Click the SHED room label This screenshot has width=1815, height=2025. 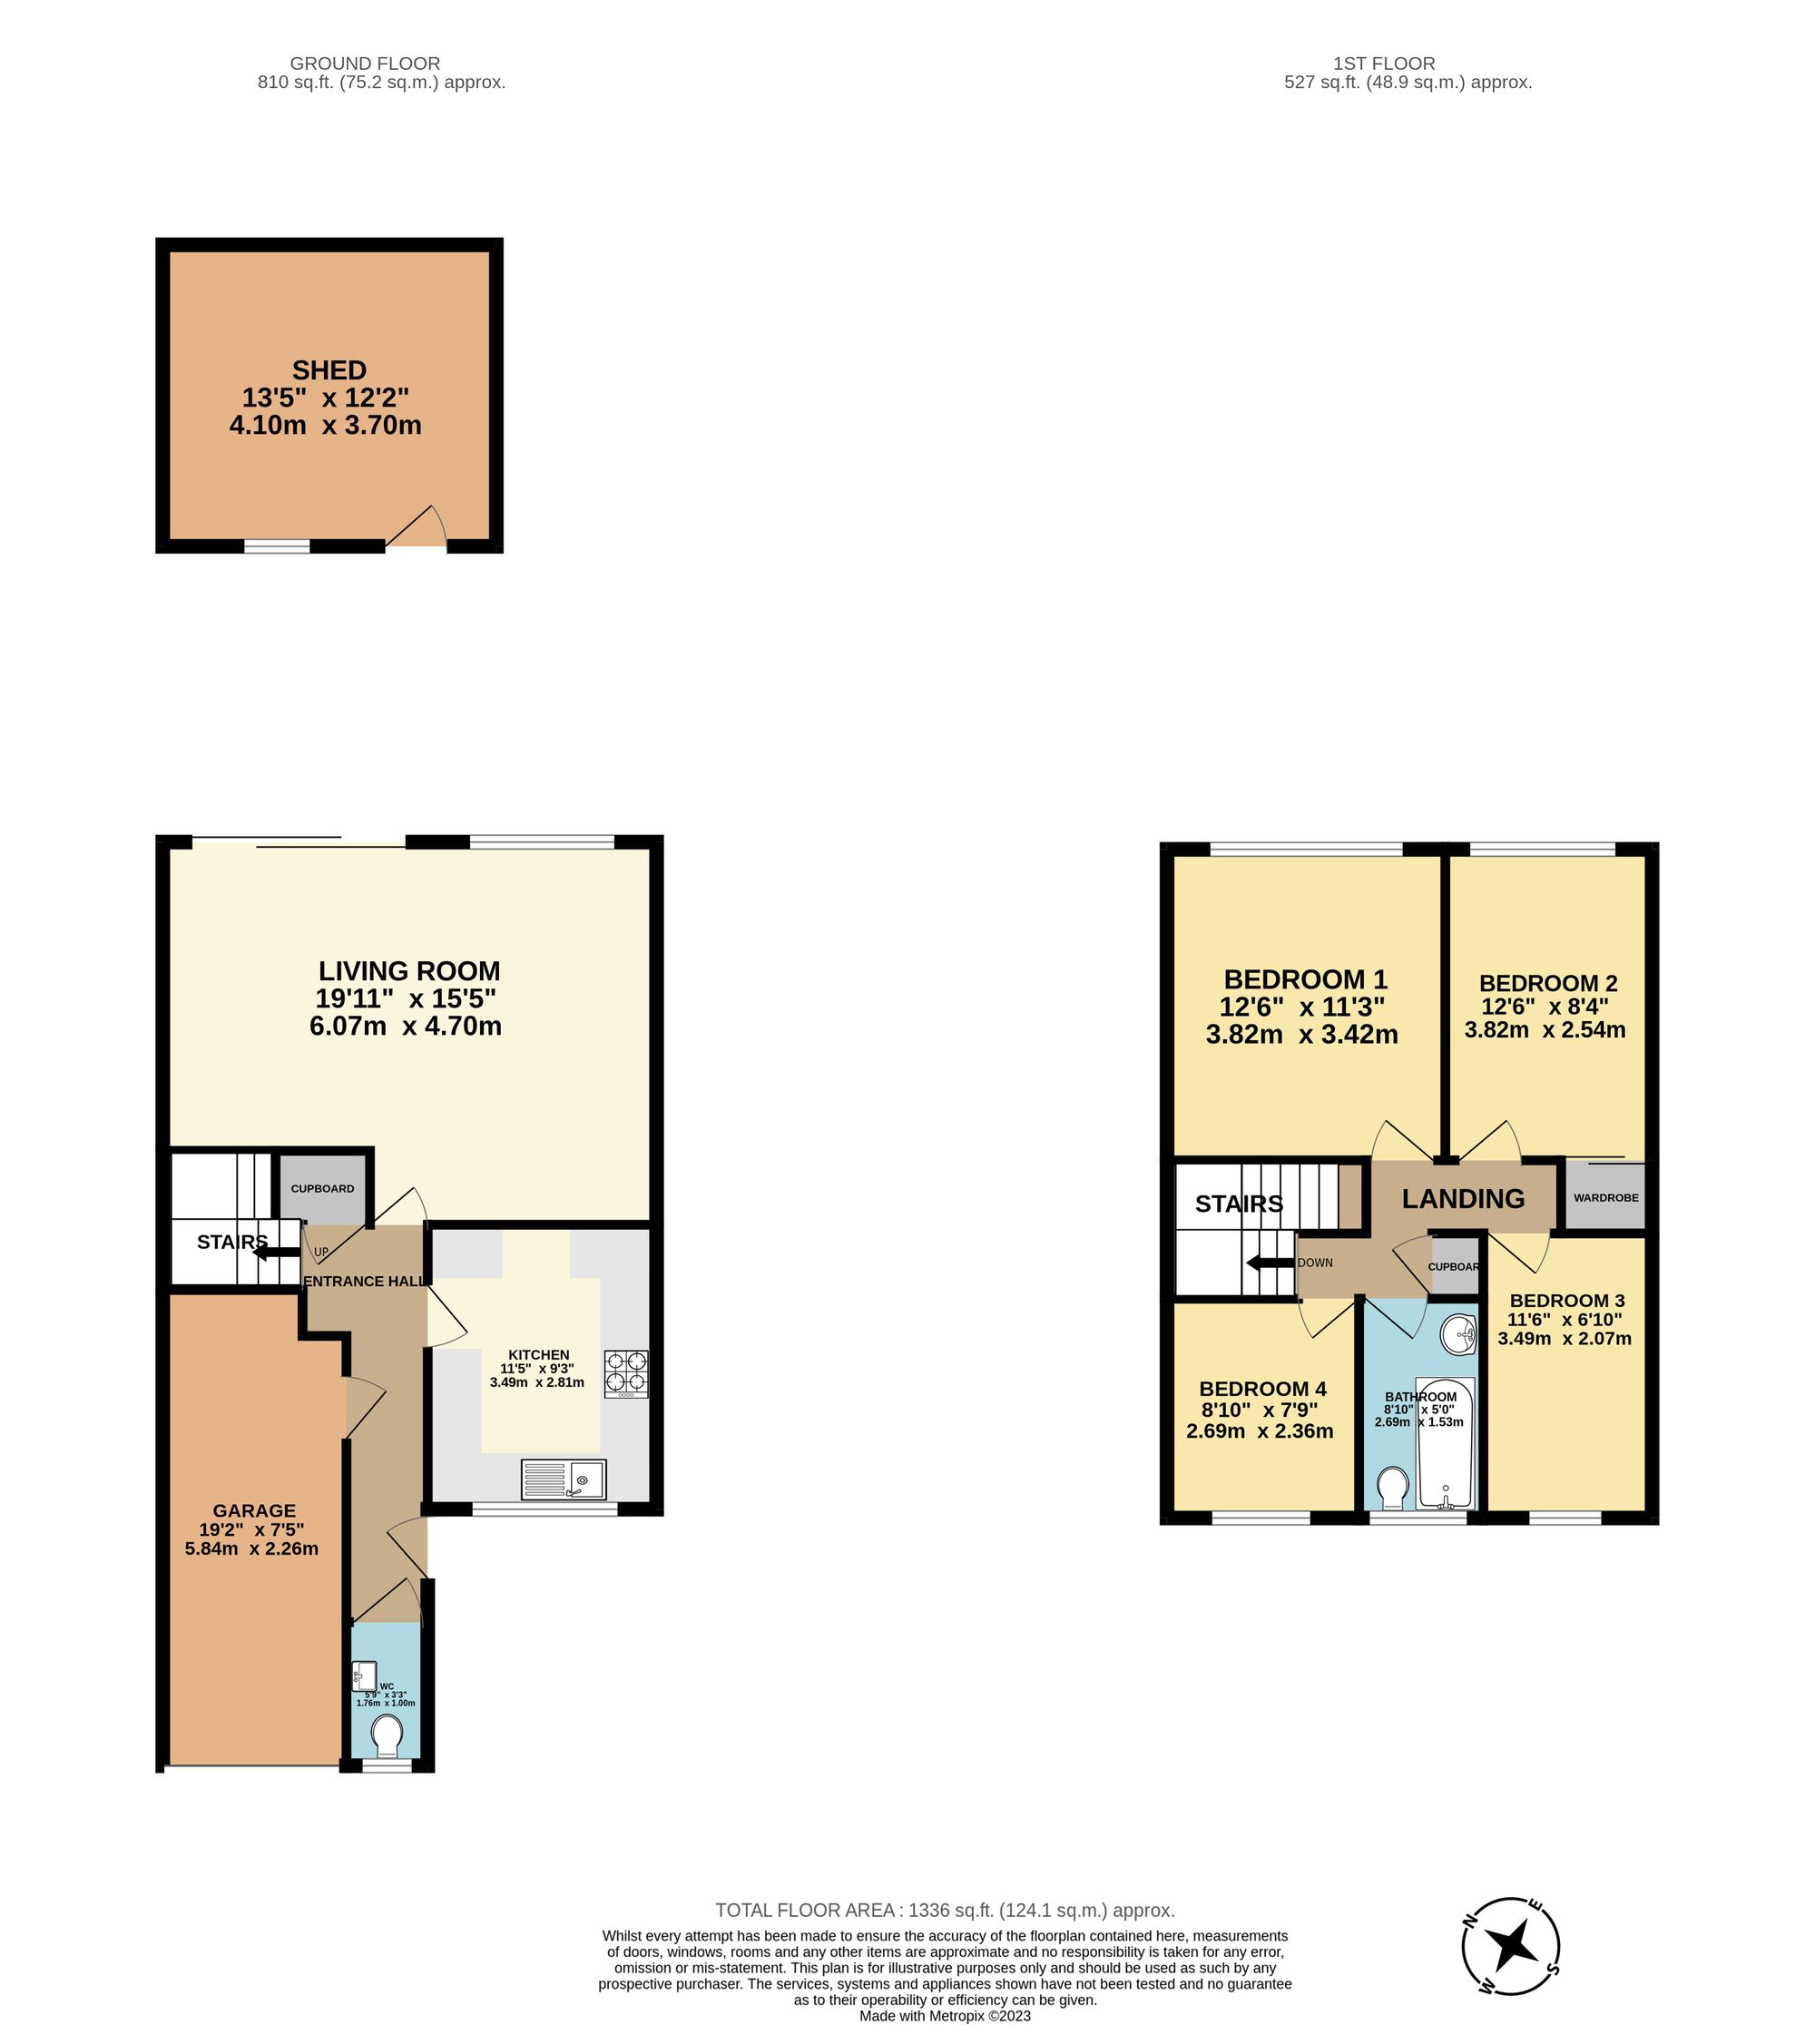coord(329,370)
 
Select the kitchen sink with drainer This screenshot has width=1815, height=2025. coord(564,1479)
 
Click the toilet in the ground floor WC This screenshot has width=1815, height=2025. coord(386,1735)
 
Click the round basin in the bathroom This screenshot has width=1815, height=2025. coord(1459,1333)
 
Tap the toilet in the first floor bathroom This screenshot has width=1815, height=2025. coord(1391,1489)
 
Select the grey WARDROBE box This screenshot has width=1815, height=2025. coord(1604,1196)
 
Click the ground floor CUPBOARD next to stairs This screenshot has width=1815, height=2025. coord(322,1189)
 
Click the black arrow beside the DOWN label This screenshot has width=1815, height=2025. coord(1270,1263)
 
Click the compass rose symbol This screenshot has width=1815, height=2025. coord(1511,1945)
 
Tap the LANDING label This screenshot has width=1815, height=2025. coord(1463,1198)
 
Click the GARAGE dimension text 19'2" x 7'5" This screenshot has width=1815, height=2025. coord(251,1529)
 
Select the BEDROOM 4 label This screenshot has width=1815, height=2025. coord(1261,1389)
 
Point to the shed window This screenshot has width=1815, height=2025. coord(277,546)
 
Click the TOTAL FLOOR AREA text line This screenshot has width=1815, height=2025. coord(945,1911)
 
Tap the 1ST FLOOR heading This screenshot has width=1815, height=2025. coord(1383,63)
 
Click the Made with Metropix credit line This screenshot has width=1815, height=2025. coord(945,2015)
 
